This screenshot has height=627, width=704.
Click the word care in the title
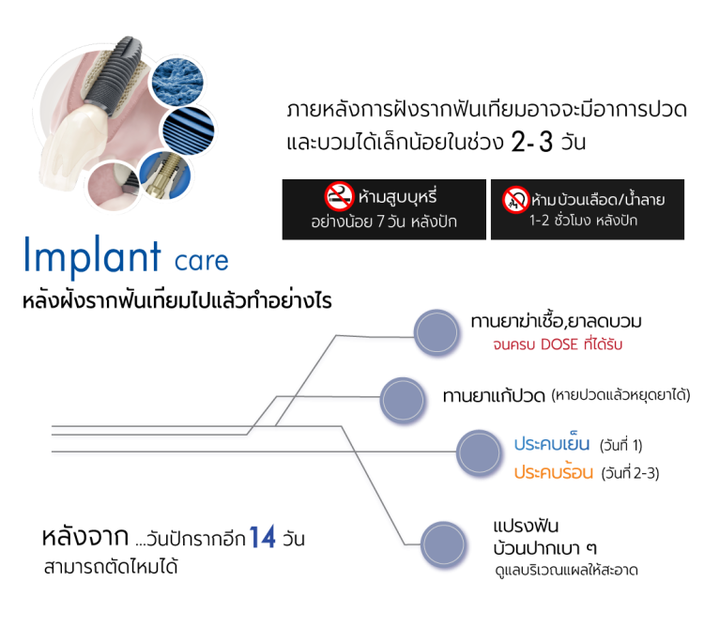pos(201,259)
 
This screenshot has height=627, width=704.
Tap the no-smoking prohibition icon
pos(338,197)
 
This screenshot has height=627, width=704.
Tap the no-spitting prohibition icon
pos(514,198)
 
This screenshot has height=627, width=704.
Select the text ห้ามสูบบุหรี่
pos(398,198)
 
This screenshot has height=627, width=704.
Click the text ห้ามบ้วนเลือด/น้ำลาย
pos(597,199)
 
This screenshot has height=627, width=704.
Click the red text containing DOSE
pos(557,344)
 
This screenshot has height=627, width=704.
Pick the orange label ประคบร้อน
pos(553,472)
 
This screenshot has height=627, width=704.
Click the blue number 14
pos(262,538)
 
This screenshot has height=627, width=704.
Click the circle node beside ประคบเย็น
pos(480,453)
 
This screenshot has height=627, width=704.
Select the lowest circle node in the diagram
pos(444,545)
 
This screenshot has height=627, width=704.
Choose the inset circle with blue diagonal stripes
pos(191,130)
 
